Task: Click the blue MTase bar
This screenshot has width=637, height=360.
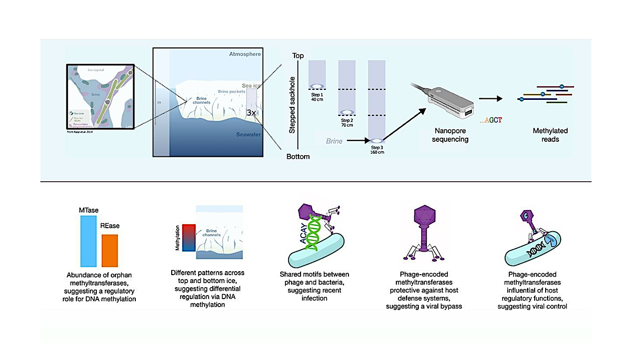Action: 88,241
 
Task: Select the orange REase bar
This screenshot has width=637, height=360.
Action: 110,251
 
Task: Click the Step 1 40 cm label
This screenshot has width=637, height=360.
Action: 318,97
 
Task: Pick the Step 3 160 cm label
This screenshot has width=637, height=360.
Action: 376,150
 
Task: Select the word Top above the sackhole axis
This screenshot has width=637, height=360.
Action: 298,56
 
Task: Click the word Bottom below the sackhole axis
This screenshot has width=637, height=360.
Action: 298,157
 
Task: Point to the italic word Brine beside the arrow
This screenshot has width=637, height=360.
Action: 334,141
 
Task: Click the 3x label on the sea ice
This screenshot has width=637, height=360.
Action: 252,113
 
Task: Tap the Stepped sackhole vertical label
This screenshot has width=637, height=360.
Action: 293,105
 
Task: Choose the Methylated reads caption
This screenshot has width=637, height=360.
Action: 550,135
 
